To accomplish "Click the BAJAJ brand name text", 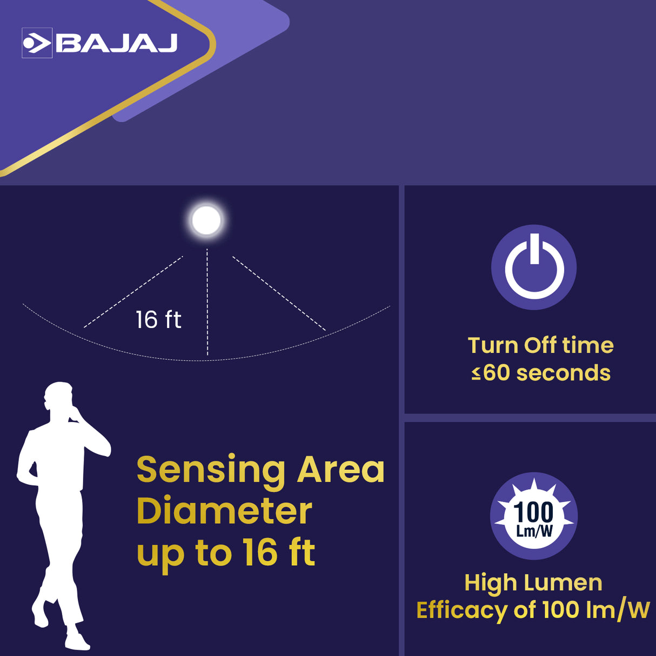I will [117, 43].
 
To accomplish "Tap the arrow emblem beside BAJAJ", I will [37, 43].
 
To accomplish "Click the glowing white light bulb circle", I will [206, 220].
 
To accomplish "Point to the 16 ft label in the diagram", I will [158, 319].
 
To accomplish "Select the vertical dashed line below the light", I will [207, 303].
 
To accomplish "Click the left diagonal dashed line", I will [133, 292].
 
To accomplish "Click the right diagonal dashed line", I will [279, 293].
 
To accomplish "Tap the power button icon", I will [534, 267].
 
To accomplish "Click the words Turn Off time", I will [540, 345].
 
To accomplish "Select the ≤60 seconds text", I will [540, 373].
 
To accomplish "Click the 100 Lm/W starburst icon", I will [534, 516].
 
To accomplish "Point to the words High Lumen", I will [533, 583].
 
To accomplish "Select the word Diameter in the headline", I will [224, 511].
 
